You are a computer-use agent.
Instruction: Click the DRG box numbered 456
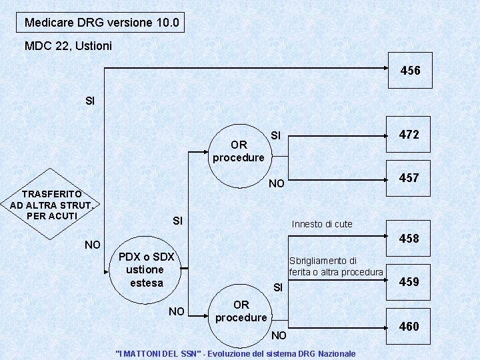(x=410, y=70)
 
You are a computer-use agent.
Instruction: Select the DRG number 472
(x=408, y=135)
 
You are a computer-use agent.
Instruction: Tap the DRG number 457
(x=408, y=177)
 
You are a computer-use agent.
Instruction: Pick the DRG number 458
(x=408, y=238)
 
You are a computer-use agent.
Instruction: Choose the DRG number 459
(x=408, y=282)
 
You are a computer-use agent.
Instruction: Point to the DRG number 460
(x=408, y=326)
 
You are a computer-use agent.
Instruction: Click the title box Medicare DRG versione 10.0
(x=101, y=23)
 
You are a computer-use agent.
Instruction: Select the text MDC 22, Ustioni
(x=68, y=46)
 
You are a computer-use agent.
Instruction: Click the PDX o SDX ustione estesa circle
(x=146, y=269)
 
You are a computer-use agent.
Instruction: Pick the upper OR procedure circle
(x=238, y=151)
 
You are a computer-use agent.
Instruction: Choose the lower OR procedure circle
(x=241, y=311)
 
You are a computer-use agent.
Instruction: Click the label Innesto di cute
(x=322, y=224)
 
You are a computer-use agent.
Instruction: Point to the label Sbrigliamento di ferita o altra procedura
(x=336, y=266)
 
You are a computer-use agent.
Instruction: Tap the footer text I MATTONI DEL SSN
(x=235, y=353)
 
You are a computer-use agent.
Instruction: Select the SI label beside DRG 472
(x=277, y=136)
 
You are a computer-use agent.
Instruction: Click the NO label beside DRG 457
(x=276, y=183)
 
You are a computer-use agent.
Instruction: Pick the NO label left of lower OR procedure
(x=177, y=311)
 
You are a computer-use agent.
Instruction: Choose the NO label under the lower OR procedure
(x=279, y=334)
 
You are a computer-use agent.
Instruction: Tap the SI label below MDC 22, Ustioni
(x=91, y=101)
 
